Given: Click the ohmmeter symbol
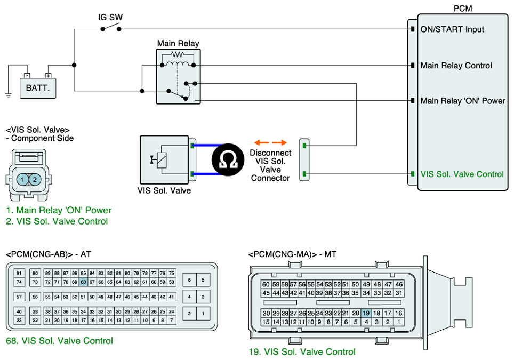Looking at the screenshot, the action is (228, 159).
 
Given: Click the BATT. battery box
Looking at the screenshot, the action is (38, 88).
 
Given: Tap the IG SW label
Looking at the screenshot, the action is (110, 17).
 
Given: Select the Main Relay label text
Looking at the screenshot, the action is (178, 43).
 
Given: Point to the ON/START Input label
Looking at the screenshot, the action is (452, 29).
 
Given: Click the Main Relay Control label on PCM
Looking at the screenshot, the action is (456, 66).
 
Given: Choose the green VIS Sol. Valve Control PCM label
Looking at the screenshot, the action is (462, 174).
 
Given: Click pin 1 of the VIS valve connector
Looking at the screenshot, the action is (22, 179).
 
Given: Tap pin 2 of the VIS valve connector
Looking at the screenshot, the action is (35, 179).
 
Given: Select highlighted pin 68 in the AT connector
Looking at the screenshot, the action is (83, 282).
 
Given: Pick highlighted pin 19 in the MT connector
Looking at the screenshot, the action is (366, 313).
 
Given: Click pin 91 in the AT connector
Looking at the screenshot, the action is (19, 273).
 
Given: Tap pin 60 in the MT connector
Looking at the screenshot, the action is (266, 284).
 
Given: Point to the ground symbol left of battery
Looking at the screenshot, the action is (8, 95).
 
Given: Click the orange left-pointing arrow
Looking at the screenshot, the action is (262, 142).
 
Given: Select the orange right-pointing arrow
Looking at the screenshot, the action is (279, 142).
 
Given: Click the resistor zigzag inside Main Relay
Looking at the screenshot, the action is (178, 54).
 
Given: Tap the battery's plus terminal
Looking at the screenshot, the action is (48, 76).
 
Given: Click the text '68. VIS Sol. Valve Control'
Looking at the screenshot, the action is (59, 341).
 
